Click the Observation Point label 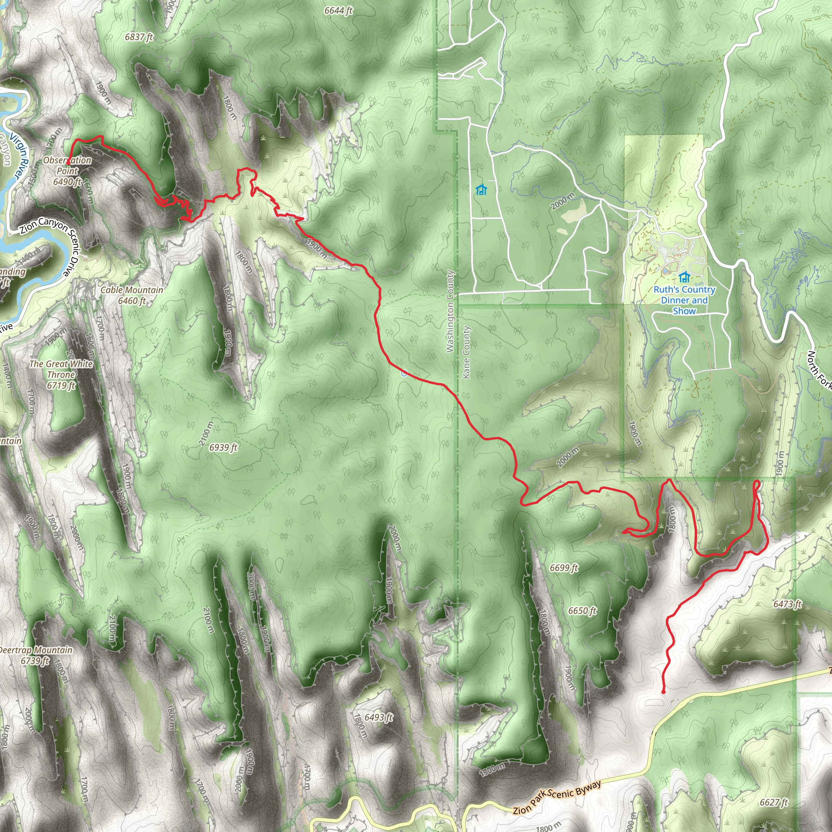click(x=67, y=171)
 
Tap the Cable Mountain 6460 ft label click(x=132, y=295)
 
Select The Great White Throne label click(x=61, y=374)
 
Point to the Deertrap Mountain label click(x=35, y=655)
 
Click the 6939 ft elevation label click(x=223, y=448)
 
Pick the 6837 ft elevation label click(x=139, y=37)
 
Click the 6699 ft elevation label click(x=564, y=568)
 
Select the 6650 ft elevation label click(x=582, y=611)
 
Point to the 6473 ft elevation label click(x=787, y=604)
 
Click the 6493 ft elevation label click(x=379, y=717)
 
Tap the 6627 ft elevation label click(x=773, y=802)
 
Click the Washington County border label click(x=450, y=311)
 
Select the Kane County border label click(x=466, y=352)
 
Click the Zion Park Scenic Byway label click(x=557, y=797)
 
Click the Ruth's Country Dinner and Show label click(x=684, y=300)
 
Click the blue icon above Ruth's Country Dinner click(x=684, y=277)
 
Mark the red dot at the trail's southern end click(x=663, y=692)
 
